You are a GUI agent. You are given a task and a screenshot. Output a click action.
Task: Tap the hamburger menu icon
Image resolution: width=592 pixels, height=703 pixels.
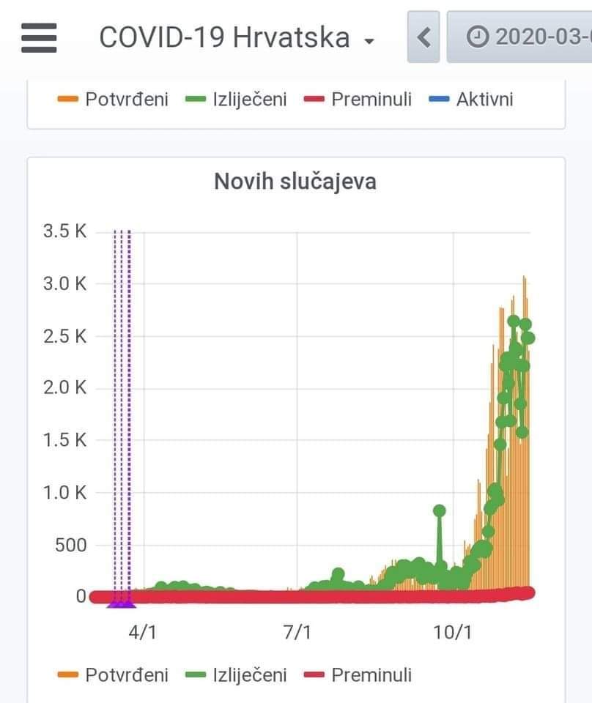[39, 37]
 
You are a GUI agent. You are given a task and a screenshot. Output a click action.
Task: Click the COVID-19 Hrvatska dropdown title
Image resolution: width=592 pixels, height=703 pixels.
[236, 37]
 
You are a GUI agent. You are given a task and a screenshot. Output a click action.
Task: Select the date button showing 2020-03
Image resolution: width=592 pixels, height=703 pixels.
[528, 37]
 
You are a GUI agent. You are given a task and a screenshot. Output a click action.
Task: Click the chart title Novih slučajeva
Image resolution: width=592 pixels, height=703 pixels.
[295, 181]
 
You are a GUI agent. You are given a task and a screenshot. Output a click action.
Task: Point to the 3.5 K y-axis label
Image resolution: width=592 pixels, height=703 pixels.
[65, 231]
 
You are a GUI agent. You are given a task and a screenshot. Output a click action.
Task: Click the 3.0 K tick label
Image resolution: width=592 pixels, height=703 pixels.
[65, 283]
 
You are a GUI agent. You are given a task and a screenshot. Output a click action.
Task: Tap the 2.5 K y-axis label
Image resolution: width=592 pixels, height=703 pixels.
[65, 336]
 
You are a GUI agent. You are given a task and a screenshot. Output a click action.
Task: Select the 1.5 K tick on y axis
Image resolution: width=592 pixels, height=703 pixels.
[65, 440]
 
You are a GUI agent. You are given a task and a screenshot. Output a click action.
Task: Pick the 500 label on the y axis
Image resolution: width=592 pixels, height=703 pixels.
[71, 545]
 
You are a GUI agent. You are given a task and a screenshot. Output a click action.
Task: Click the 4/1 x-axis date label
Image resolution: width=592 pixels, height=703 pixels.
[142, 631]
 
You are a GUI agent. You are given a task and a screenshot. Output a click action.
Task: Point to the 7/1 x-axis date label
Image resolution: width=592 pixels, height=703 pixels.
[297, 631]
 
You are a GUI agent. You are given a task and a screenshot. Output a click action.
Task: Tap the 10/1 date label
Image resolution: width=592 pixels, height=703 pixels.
[453, 631]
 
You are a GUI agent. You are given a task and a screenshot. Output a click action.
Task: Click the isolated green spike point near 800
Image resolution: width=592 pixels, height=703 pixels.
[440, 510]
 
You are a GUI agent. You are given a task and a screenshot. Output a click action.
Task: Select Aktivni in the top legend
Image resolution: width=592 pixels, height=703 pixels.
[484, 100]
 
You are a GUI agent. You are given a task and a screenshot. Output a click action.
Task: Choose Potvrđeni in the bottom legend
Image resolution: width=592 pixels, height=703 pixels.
[126, 674]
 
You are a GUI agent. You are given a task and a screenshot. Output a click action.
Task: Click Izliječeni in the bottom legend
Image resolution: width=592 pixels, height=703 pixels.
[249, 674]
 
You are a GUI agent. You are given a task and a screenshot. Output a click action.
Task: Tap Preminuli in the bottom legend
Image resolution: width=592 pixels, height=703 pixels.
[371, 674]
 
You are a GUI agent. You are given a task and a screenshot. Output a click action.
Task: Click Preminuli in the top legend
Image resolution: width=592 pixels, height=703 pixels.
[371, 100]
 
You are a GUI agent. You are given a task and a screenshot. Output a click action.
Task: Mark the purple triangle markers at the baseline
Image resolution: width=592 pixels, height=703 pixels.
[122, 603]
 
